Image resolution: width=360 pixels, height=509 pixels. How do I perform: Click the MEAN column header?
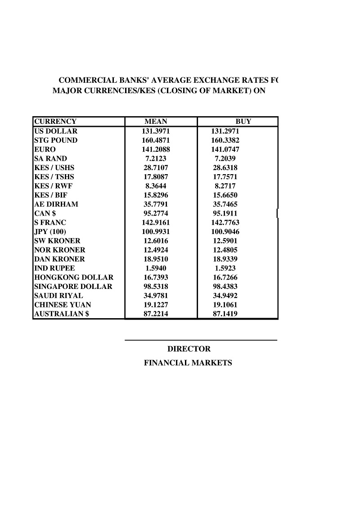[x=156, y=122]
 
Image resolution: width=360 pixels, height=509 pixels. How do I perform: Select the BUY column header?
[x=243, y=122]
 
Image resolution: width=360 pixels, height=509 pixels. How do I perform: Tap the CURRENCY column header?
[x=55, y=122]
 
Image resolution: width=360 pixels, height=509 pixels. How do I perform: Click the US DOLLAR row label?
[x=56, y=131]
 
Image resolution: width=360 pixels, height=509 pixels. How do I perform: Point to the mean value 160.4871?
[x=156, y=140]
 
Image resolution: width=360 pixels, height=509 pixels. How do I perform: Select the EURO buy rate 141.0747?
[x=225, y=149]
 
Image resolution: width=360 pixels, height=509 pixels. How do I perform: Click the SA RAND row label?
[x=50, y=158]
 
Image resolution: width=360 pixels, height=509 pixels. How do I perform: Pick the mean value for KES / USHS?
[x=156, y=168]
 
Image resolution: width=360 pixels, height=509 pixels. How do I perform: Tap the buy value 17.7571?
[x=225, y=177]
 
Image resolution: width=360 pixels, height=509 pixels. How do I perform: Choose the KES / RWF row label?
[x=53, y=186]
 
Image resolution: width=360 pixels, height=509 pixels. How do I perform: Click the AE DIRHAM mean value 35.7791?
[x=156, y=204]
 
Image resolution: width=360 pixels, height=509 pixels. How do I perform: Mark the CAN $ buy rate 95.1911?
[x=225, y=213]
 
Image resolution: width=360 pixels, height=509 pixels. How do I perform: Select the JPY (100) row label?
[x=50, y=232]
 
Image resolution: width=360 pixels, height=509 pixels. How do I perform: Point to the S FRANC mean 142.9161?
[x=156, y=223]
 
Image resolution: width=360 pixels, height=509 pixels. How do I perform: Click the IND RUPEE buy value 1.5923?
[x=225, y=268]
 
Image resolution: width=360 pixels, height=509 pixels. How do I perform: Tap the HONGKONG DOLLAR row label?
[x=74, y=277]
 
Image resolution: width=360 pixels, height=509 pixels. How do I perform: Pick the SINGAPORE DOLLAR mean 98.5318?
[x=156, y=287]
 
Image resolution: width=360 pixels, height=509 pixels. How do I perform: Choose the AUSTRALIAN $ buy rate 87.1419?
[x=225, y=314]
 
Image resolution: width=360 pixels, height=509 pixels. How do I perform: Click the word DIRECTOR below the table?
[x=189, y=349]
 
